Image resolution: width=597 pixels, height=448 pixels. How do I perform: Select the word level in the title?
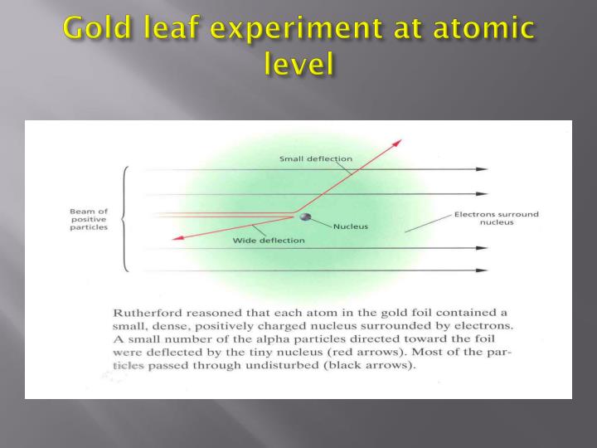(x=298, y=64)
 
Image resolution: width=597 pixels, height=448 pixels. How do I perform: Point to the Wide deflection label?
(x=269, y=241)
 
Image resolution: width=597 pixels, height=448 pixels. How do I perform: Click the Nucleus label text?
(x=351, y=226)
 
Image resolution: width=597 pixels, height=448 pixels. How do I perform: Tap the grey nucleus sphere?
(x=305, y=217)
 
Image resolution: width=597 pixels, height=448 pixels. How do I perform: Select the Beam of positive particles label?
(x=88, y=220)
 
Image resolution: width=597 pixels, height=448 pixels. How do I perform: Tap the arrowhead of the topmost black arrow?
(x=482, y=169)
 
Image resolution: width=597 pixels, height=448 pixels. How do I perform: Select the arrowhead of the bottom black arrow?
(x=482, y=270)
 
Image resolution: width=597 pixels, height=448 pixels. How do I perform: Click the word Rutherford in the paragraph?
(x=145, y=312)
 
